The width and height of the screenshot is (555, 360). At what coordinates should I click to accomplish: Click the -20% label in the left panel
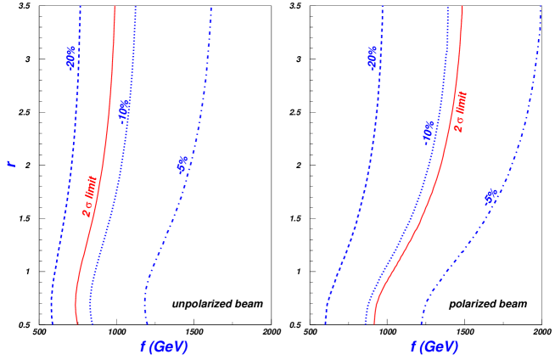point(71,57)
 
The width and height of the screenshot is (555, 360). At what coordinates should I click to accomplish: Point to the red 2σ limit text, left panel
point(91,197)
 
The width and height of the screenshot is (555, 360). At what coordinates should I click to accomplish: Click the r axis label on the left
point(12,163)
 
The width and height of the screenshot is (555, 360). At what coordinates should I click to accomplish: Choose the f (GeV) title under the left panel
point(164,346)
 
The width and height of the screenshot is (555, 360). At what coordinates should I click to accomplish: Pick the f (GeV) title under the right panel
point(434,346)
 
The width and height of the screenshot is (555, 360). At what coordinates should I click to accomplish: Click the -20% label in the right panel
point(373,57)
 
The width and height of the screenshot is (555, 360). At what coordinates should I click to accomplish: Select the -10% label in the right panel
point(429,132)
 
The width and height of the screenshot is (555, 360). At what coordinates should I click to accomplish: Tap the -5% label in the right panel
point(491,197)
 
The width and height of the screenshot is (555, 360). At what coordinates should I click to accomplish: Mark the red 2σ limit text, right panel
point(461,113)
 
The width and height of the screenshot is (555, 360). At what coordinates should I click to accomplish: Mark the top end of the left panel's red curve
point(115,7)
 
